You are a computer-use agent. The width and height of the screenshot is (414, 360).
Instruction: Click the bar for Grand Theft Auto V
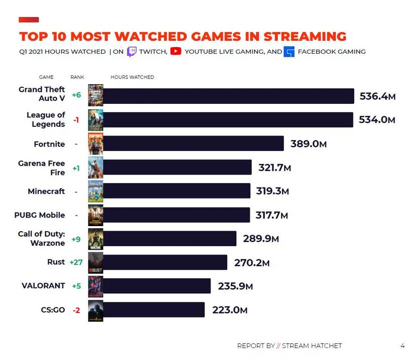228,96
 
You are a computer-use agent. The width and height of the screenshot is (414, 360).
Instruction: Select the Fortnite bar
193,143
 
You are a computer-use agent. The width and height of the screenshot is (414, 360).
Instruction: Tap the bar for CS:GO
154,310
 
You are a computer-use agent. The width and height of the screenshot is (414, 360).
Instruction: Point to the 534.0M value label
377,120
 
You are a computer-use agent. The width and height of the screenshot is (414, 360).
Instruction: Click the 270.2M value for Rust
252,262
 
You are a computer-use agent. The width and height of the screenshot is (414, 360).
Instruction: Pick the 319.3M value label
273,191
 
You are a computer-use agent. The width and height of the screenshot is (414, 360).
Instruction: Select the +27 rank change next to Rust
76,262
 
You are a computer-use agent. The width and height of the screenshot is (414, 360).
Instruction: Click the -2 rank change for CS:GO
76,310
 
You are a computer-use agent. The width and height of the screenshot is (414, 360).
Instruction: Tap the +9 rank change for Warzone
76,239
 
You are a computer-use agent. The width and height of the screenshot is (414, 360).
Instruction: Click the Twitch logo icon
131,51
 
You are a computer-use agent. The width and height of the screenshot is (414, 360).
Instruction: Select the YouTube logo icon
175,51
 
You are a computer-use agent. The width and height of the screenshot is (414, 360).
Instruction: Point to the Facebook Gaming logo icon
289,52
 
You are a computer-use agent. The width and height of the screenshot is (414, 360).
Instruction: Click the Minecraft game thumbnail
95,191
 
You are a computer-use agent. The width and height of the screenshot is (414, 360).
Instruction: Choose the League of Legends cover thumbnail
95,120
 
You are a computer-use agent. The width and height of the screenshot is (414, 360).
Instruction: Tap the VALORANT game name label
43,286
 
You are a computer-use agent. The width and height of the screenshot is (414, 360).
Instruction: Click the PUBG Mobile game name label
40,215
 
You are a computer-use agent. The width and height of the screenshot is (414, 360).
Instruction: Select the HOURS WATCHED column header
132,77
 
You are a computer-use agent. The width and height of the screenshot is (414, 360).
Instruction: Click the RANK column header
77,77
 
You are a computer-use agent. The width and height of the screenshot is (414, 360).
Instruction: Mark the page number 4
402,345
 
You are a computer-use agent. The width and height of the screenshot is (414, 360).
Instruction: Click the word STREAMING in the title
305,37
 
